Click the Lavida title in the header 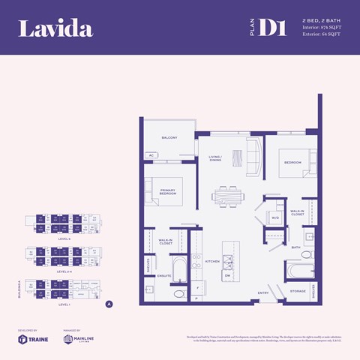(x=55, y=29)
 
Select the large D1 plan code (x=276, y=28)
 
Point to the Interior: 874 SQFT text (x=322, y=27)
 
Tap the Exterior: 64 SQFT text (x=322, y=34)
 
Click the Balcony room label (x=169, y=138)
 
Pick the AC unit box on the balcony (x=151, y=154)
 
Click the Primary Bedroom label (x=167, y=192)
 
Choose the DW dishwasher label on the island (x=228, y=275)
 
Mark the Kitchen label (x=211, y=262)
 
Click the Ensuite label (x=164, y=275)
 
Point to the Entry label (x=263, y=292)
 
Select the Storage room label (x=297, y=289)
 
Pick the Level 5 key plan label (x=64, y=238)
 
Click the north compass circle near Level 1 (x=109, y=304)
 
